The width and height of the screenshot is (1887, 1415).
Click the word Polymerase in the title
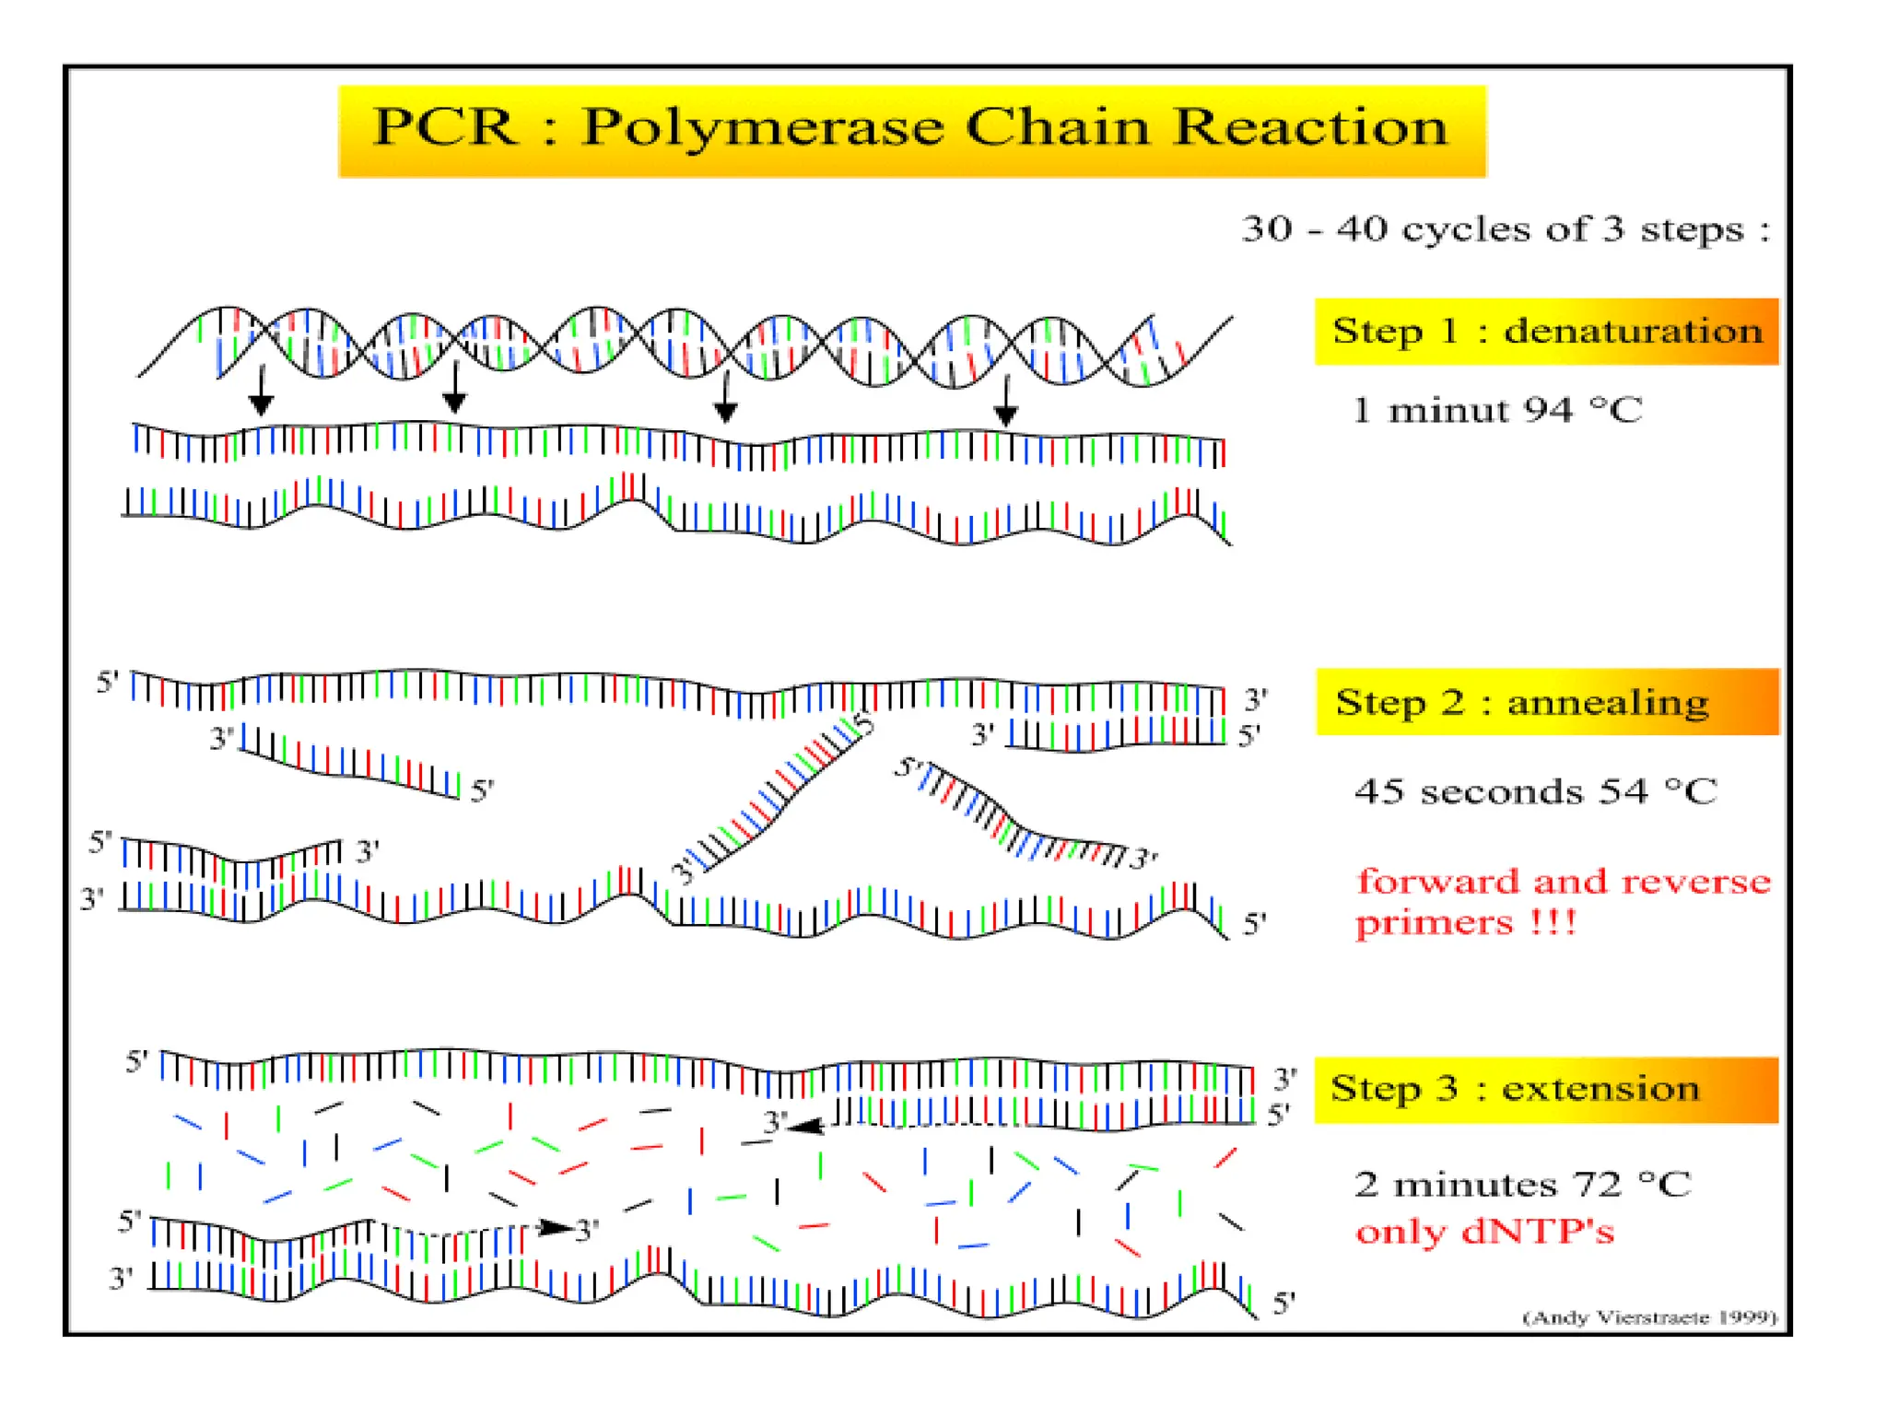pos(763,128)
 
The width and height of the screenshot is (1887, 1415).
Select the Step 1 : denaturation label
pos(1546,331)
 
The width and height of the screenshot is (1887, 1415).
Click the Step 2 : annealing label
pos(1521,702)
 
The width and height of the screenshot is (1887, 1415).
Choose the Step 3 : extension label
pos(1515,1089)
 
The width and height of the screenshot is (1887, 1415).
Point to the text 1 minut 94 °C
pos(1496,410)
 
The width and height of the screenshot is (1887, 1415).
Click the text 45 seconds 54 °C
pos(1535,791)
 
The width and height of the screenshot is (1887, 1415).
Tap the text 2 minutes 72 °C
pos(1522,1184)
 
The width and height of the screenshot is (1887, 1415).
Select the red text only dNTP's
pos(1484,1232)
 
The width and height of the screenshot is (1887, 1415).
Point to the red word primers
pos(1434,922)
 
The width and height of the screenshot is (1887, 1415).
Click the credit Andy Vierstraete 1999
pos(1649,1317)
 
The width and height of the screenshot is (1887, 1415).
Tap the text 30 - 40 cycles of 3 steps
pos(1506,229)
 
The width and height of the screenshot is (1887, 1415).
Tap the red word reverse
pos(1696,882)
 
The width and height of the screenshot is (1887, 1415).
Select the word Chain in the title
pos(1058,127)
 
